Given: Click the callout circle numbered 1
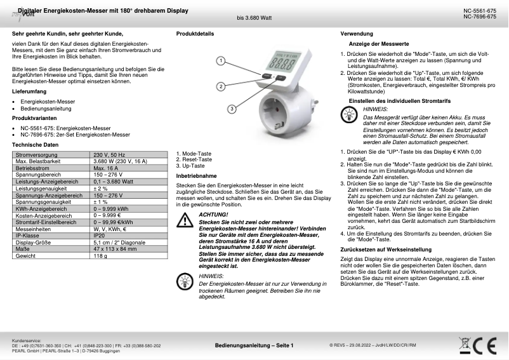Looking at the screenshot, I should [220, 62].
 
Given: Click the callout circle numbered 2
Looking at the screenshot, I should [220, 86].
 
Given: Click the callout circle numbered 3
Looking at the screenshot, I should [232, 109].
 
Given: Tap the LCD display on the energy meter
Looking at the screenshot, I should [278, 64].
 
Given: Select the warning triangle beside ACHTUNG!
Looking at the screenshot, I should [185, 220].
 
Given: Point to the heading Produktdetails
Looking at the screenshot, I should [195, 32].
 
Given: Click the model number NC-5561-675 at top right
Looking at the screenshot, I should [480, 11].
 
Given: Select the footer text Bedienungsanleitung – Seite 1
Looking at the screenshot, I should [254, 345].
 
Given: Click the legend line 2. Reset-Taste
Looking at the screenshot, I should [194, 159].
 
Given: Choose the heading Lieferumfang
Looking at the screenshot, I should [30, 92].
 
